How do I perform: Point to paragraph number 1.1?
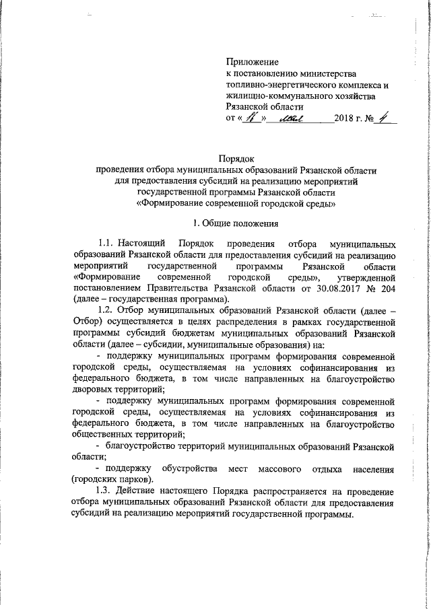tap(106, 244)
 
